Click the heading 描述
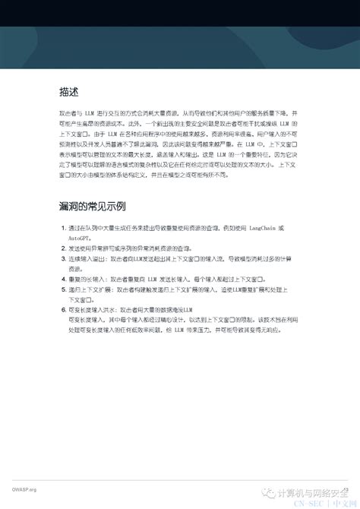click(68, 93)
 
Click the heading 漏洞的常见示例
click(92, 206)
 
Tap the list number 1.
click(62, 228)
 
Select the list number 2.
click(62, 248)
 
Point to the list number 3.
click(62, 258)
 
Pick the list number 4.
click(62, 279)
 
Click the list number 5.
click(62, 289)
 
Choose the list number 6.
click(62, 310)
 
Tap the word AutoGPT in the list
click(83, 238)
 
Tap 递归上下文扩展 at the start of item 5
click(89, 289)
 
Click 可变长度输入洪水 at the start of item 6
click(92, 310)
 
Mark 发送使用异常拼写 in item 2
click(92, 248)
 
